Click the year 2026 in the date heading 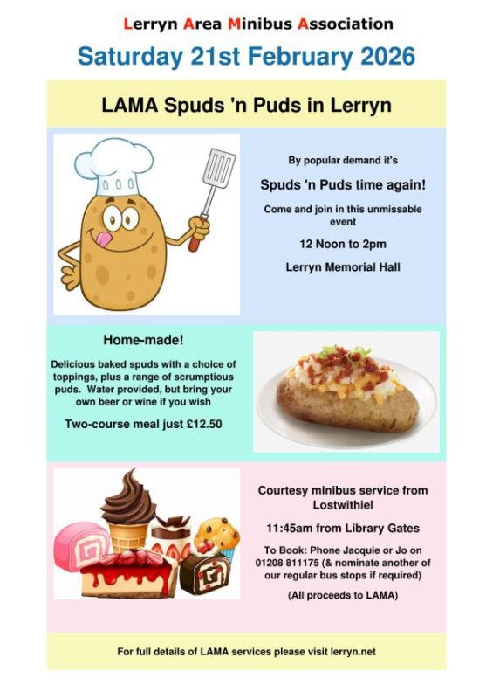(380, 57)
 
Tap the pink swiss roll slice (80, 543)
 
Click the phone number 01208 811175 (293, 564)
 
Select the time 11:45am (291, 529)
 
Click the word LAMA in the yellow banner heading (129, 106)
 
